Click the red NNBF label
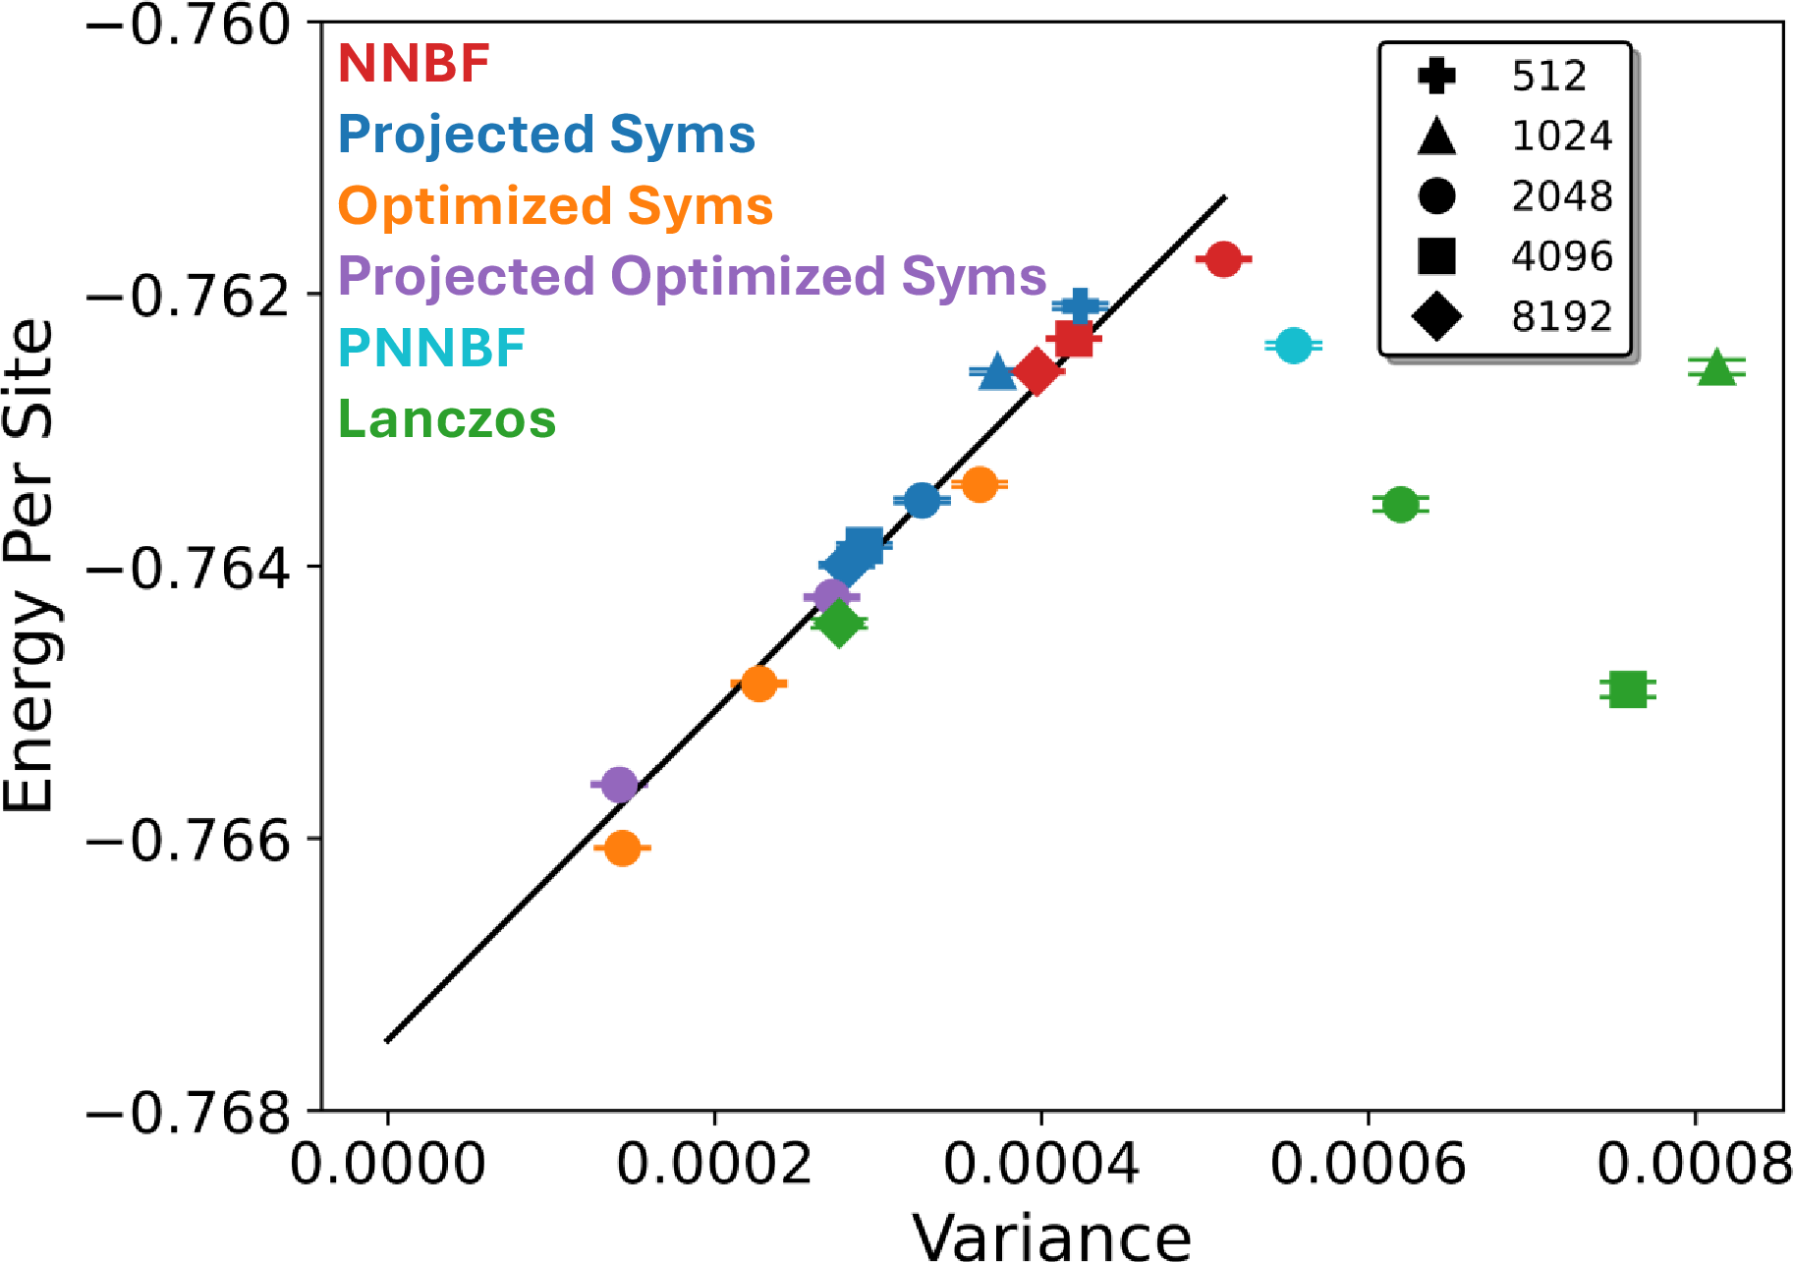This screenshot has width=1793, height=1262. pyautogui.click(x=414, y=64)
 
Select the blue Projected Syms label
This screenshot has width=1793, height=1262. pyautogui.click(x=546, y=135)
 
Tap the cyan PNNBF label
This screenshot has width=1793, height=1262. pyautogui.click(x=431, y=348)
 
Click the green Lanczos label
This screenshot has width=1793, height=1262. pyautogui.click(x=447, y=419)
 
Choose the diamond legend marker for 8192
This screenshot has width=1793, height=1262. pyautogui.click(x=1436, y=316)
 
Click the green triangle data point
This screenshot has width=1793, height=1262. pyautogui.click(x=1716, y=368)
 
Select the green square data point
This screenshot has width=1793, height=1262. pyautogui.click(x=1628, y=689)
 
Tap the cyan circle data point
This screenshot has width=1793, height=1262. pyautogui.click(x=1294, y=345)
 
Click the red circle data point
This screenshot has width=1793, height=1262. pyautogui.click(x=1223, y=259)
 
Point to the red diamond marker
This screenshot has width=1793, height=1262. pyautogui.click(x=1037, y=371)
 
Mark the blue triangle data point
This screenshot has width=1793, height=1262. pyautogui.click(x=997, y=372)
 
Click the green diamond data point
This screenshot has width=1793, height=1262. pyautogui.click(x=839, y=622)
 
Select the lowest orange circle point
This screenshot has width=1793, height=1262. pyautogui.click(x=622, y=848)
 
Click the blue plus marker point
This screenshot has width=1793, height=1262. pyautogui.click(x=1080, y=305)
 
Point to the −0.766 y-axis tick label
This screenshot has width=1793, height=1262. pyautogui.click(x=191, y=841)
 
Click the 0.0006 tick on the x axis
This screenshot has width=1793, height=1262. pyautogui.click(x=1368, y=1164)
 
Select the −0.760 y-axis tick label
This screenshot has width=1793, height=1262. pyautogui.click(x=191, y=25)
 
